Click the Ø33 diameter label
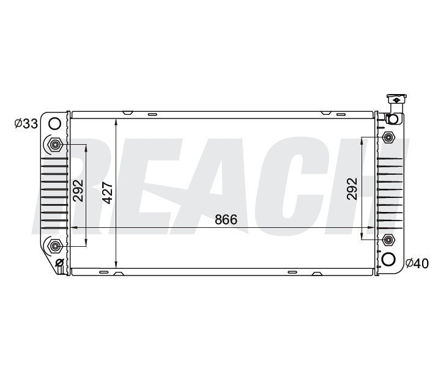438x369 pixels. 26,124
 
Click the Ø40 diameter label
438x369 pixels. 417,263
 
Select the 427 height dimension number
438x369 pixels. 108,193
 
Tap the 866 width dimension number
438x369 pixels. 226,220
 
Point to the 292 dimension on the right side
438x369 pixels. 351,189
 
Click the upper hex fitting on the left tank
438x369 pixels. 55,145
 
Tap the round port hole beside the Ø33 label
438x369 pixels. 54,123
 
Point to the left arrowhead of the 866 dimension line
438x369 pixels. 75,228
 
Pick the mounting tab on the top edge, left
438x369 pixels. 127,112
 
